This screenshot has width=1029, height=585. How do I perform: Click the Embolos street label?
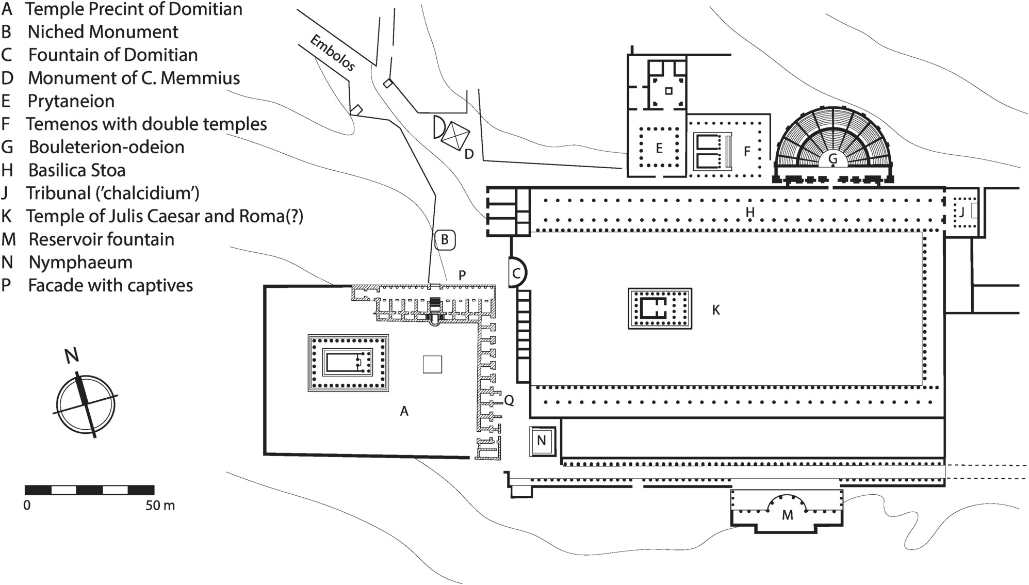pyautogui.click(x=332, y=53)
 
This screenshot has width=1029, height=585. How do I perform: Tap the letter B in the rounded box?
pyautogui.click(x=445, y=240)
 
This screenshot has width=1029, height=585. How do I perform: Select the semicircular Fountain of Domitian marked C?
pyautogui.click(x=517, y=272)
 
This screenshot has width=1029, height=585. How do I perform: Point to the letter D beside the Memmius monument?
pyautogui.click(x=469, y=154)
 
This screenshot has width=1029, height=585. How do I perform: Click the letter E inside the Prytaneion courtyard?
pyautogui.click(x=659, y=149)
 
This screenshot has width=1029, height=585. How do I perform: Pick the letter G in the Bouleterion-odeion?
pyautogui.click(x=832, y=159)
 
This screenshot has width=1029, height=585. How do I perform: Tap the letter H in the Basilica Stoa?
pyautogui.click(x=750, y=212)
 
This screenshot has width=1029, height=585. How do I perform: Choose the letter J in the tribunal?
pyautogui.click(x=961, y=212)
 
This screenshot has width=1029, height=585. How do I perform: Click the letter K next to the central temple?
pyautogui.click(x=715, y=310)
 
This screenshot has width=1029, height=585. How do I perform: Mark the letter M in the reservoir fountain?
pyautogui.click(x=787, y=515)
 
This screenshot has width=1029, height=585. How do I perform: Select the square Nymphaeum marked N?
pyautogui.click(x=542, y=441)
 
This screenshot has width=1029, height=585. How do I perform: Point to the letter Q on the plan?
pyautogui.click(x=509, y=400)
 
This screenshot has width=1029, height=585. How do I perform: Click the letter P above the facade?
pyautogui.click(x=462, y=275)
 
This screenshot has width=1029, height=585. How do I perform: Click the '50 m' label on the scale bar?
pyautogui.click(x=160, y=506)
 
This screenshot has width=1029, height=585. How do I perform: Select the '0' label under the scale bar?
pyautogui.click(x=27, y=506)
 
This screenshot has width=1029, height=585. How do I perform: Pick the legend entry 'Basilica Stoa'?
pyautogui.click(x=77, y=170)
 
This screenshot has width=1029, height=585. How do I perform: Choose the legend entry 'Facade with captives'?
pyautogui.click(x=110, y=285)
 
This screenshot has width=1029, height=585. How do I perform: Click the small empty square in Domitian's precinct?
pyautogui.click(x=432, y=364)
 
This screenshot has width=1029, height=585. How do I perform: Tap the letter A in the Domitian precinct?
pyautogui.click(x=404, y=411)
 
